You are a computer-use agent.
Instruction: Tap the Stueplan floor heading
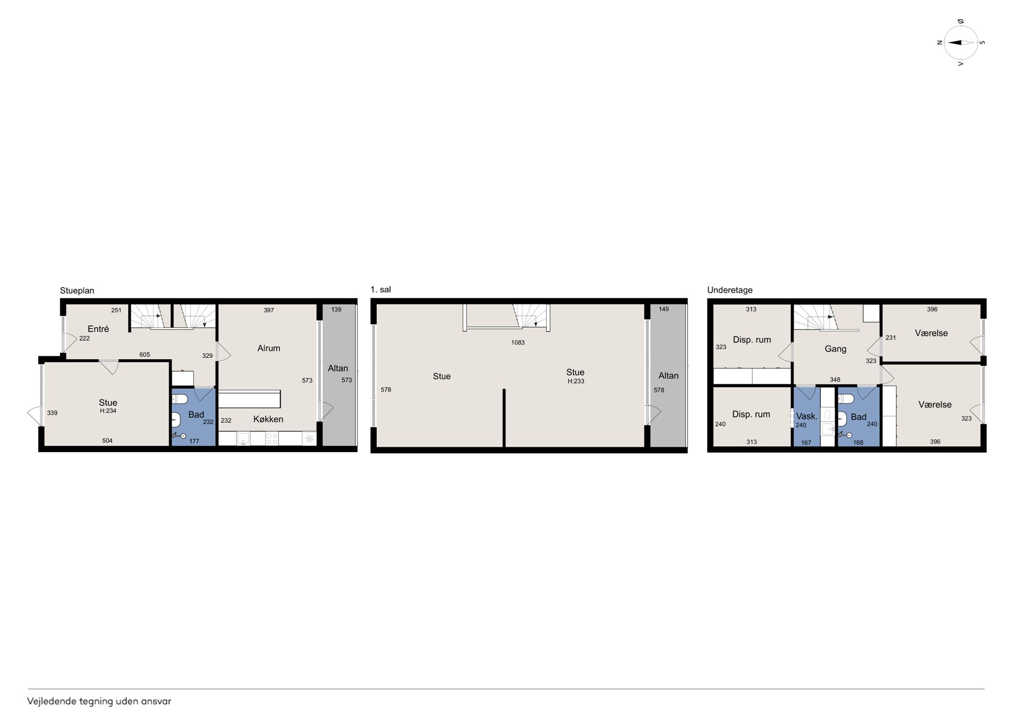[x=77, y=291]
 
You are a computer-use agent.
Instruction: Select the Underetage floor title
[x=730, y=290]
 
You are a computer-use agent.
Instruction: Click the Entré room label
[x=98, y=329]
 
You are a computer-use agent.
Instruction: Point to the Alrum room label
[x=269, y=348]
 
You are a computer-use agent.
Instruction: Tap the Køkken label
[x=268, y=419]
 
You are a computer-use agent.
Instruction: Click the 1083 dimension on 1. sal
[x=518, y=343]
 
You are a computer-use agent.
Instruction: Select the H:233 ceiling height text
[x=576, y=381]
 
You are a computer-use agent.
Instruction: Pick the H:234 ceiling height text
[x=108, y=411]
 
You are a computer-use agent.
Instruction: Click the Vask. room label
[x=807, y=416]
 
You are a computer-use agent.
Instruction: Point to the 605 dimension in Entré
[x=144, y=355]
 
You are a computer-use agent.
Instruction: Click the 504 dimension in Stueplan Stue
[x=107, y=440]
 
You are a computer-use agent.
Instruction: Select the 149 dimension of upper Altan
[x=663, y=309]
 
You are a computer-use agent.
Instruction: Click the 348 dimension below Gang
[x=835, y=380]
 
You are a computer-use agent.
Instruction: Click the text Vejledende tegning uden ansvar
[x=99, y=701]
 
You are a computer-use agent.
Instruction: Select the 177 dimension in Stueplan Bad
[x=194, y=441]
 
